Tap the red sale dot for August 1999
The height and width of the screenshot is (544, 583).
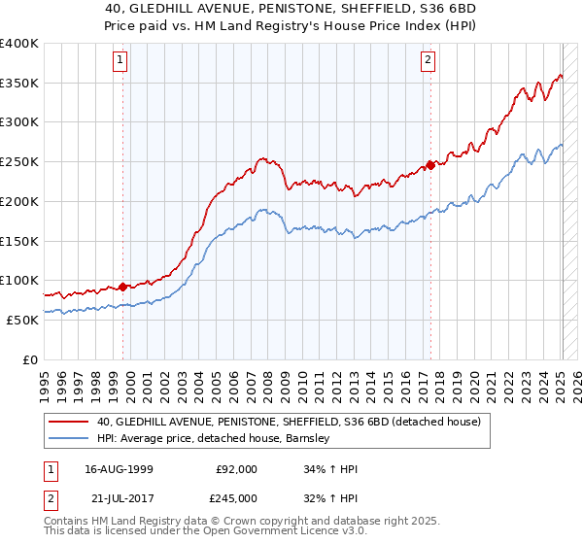tap(122, 287)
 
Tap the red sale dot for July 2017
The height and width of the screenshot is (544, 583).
tap(430, 164)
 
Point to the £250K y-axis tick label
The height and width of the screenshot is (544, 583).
tap(18, 162)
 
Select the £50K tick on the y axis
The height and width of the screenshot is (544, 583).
tap(22, 320)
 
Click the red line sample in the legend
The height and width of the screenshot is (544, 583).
tap(69, 423)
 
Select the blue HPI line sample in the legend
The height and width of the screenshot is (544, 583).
tap(69, 438)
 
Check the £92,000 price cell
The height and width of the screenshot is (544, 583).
tap(236, 469)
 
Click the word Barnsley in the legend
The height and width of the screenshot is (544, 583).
tap(307, 438)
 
